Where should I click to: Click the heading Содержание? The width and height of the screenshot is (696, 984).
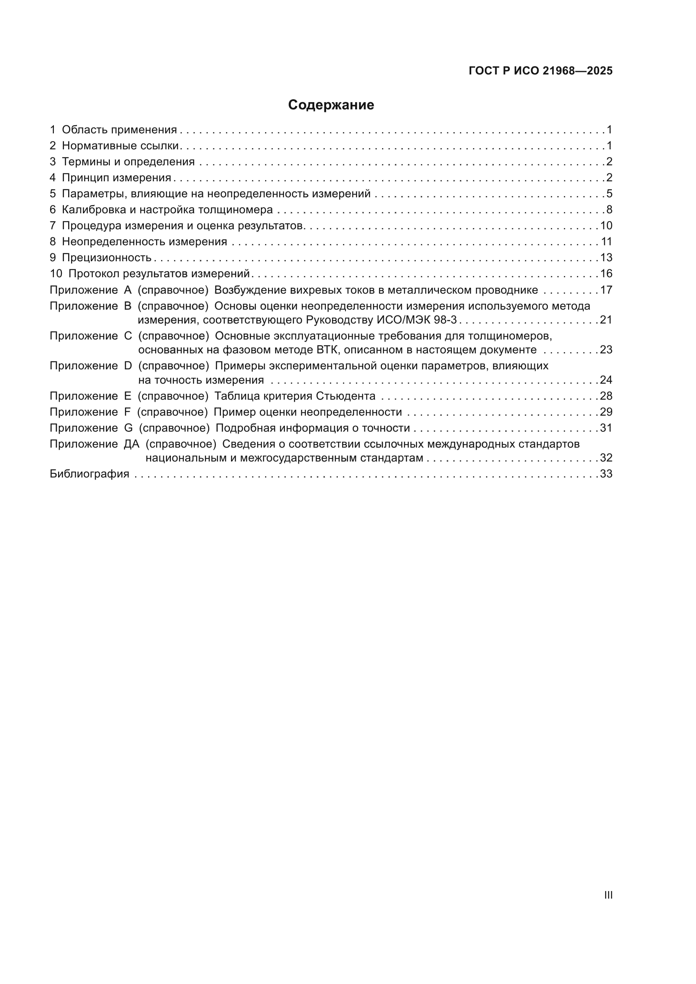click(331, 105)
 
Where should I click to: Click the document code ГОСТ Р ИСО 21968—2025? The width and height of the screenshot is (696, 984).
click(540, 71)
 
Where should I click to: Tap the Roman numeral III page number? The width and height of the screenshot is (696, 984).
click(608, 895)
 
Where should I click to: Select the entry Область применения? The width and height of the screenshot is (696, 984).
click(119, 130)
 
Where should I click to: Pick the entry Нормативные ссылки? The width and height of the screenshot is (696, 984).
click(120, 146)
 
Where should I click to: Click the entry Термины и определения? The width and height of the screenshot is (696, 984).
click(128, 162)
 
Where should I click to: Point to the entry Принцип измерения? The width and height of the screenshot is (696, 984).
click(116, 178)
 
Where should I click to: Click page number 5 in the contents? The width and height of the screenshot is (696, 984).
click(609, 194)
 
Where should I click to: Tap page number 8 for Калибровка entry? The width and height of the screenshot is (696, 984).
click(609, 210)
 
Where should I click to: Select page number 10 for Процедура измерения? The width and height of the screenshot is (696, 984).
click(606, 225)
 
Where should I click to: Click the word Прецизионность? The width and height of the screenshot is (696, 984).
click(107, 257)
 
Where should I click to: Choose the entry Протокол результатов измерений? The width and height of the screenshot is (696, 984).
click(159, 273)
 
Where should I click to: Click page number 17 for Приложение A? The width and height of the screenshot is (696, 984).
click(606, 290)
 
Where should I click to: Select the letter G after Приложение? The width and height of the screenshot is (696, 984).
click(128, 428)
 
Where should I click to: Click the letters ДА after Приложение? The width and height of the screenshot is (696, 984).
click(132, 444)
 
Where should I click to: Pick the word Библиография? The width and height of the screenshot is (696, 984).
click(90, 474)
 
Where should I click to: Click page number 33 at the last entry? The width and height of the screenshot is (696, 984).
click(606, 474)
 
